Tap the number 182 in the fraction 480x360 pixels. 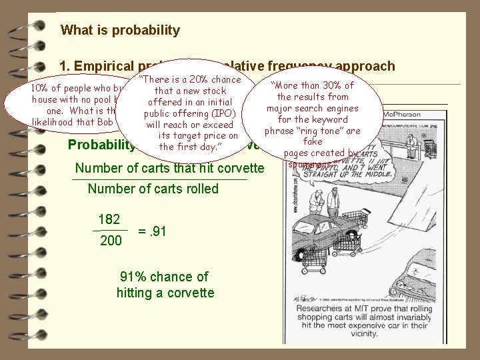pyautogui.click(x=109, y=220)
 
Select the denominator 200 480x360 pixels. pyautogui.click(x=110, y=240)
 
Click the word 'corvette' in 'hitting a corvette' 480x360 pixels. pyautogui.click(x=189, y=293)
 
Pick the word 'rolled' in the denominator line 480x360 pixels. pyautogui.click(x=201, y=189)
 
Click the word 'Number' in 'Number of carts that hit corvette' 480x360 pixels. pyautogui.click(x=98, y=169)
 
